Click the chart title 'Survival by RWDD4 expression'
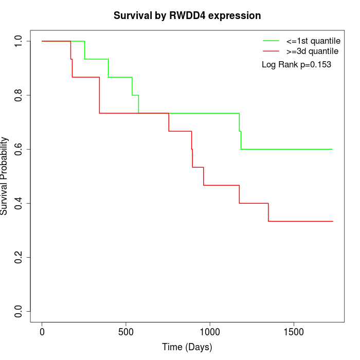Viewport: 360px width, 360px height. (187, 15)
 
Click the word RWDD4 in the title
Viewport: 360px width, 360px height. (192, 15)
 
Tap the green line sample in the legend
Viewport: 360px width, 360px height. (271, 41)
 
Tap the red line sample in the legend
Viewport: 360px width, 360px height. (271, 51)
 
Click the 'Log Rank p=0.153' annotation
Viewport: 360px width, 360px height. (296, 64)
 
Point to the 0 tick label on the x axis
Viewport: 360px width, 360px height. (42, 331)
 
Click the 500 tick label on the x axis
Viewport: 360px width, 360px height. (126, 331)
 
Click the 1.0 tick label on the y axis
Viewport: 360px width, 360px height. (19, 41)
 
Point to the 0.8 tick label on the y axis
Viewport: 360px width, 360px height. (19, 95)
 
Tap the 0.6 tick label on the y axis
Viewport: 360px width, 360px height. (19, 149)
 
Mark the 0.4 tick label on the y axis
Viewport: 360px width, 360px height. (19, 203)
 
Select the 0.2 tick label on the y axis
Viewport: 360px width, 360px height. (19, 257)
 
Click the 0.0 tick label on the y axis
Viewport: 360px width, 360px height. (19, 311)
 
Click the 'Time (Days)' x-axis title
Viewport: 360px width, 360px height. (187, 347)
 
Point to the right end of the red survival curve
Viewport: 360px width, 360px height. (333, 221)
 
